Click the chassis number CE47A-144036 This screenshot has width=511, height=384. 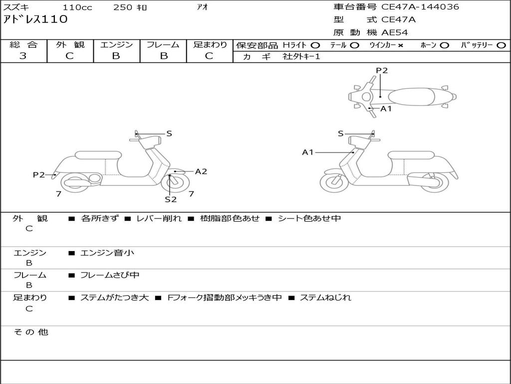tap(420, 7)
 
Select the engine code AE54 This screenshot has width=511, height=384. tap(395, 32)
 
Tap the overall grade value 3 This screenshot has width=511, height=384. tap(23, 56)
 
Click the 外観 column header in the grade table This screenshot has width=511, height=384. tap(70, 45)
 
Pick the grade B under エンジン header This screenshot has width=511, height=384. tap(116, 56)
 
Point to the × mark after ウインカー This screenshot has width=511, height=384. tap(400, 45)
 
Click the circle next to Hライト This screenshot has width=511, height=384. tap(315, 45)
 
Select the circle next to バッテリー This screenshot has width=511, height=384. tap(501, 45)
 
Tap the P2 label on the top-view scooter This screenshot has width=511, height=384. tap(382, 70)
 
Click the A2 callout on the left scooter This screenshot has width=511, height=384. tap(201, 171)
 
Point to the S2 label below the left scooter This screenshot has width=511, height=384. tap(171, 199)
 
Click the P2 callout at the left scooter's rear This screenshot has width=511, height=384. tap(39, 174)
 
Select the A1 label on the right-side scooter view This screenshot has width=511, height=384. tap(308, 152)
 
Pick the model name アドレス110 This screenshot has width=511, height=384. tap(35, 19)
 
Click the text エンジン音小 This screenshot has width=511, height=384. tap(107, 253)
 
